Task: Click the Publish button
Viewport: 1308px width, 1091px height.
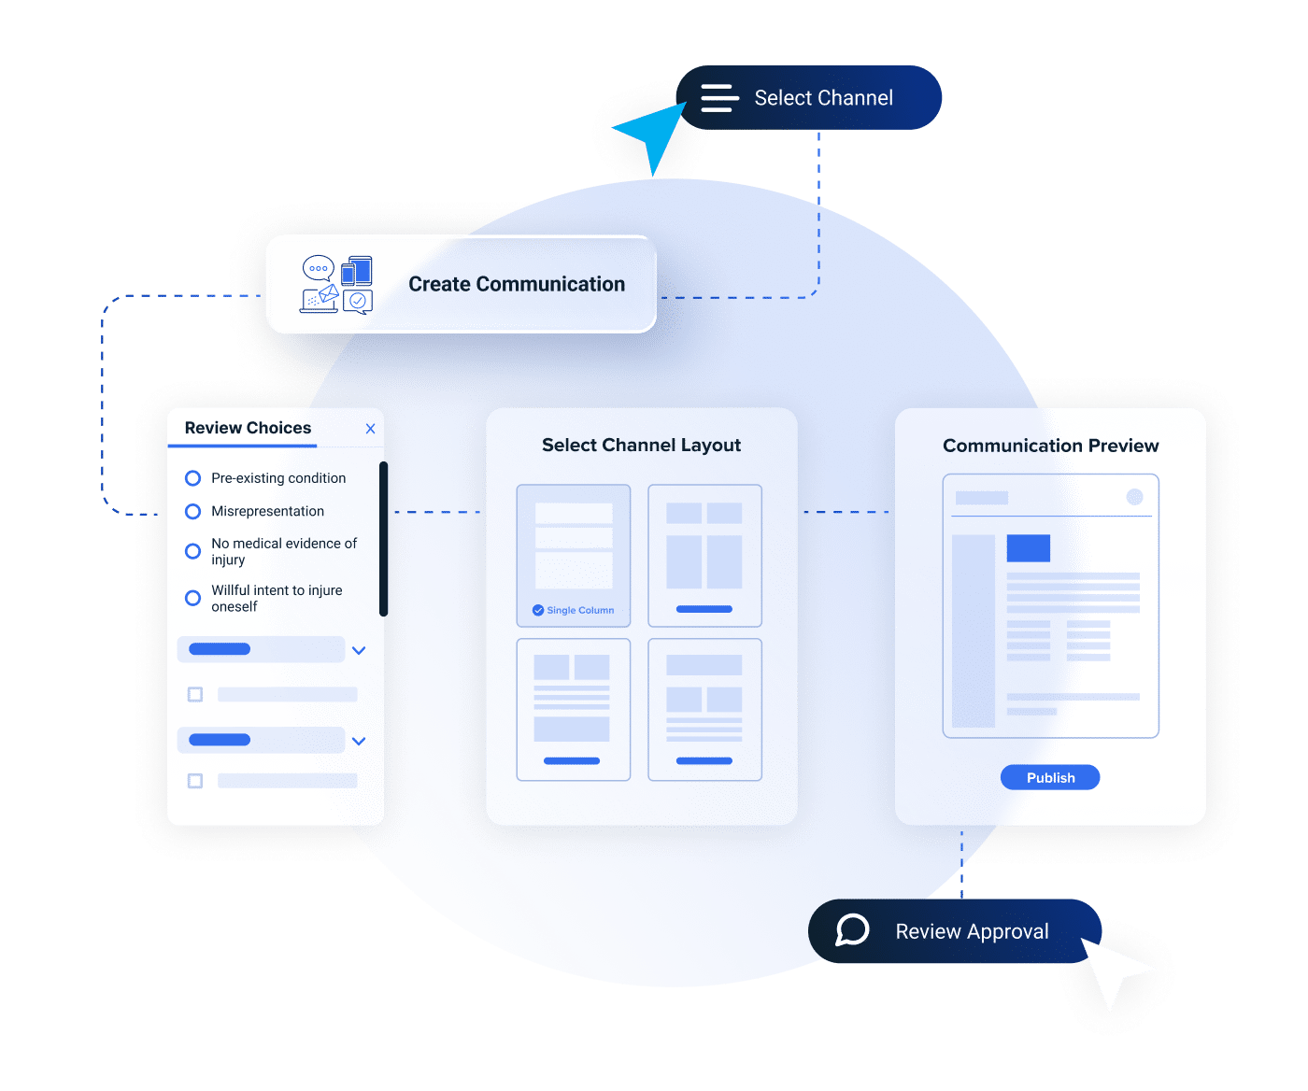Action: pos(1050,777)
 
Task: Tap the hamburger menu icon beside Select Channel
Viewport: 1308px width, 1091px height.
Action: pos(719,98)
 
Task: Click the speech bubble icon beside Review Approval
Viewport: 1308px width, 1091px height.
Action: pos(852,930)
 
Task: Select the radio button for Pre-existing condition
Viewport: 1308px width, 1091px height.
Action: pos(193,478)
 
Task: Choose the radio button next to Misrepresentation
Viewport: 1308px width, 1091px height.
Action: pos(193,512)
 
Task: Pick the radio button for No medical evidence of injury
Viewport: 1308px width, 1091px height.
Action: pos(193,551)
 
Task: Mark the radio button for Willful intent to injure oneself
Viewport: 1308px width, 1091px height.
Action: pos(193,598)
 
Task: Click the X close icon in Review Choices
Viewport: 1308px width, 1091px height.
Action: pos(370,429)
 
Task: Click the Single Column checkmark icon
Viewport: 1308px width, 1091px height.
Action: pos(538,610)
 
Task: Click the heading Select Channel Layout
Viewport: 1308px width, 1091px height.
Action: pos(641,446)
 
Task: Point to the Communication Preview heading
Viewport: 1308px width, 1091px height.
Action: pos(1050,446)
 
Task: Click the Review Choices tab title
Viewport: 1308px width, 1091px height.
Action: pos(248,428)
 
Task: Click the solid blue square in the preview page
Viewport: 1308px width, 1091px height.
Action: pos(1028,548)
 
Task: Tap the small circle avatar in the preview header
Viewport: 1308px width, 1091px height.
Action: pos(1134,497)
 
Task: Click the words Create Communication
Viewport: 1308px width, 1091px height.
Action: pos(517,284)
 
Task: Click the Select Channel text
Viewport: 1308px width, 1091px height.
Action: pos(823,98)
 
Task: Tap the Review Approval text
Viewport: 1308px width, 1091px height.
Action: pos(972,931)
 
